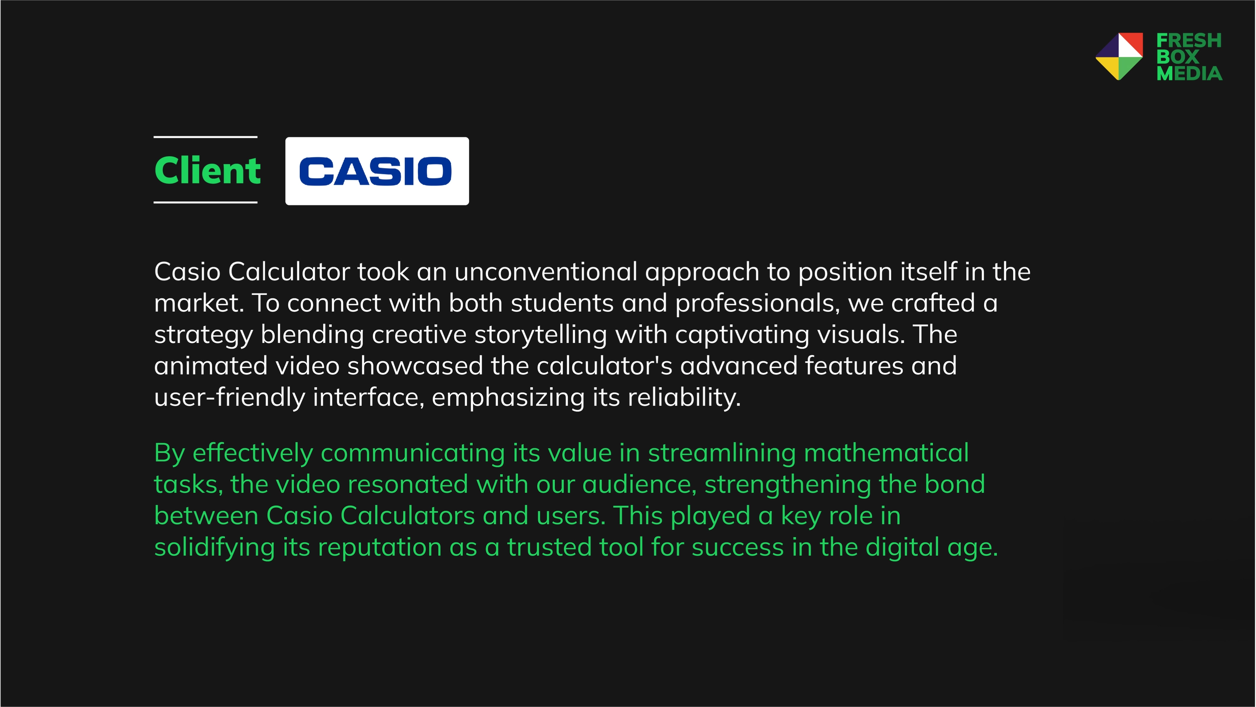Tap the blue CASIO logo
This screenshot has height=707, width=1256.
click(376, 171)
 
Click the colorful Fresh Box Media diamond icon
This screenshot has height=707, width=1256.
click(1119, 57)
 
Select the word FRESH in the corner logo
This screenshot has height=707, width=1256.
click(1189, 41)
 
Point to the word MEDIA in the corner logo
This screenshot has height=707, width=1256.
click(1189, 74)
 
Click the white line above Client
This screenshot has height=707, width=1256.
click(205, 137)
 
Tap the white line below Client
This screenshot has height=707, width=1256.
click(205, 202)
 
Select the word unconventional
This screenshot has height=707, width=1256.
click(546, 271)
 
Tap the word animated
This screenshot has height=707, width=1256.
click(211, 365)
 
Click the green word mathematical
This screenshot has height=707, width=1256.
click(886, 452)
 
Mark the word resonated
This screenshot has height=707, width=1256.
click(408, 484)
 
